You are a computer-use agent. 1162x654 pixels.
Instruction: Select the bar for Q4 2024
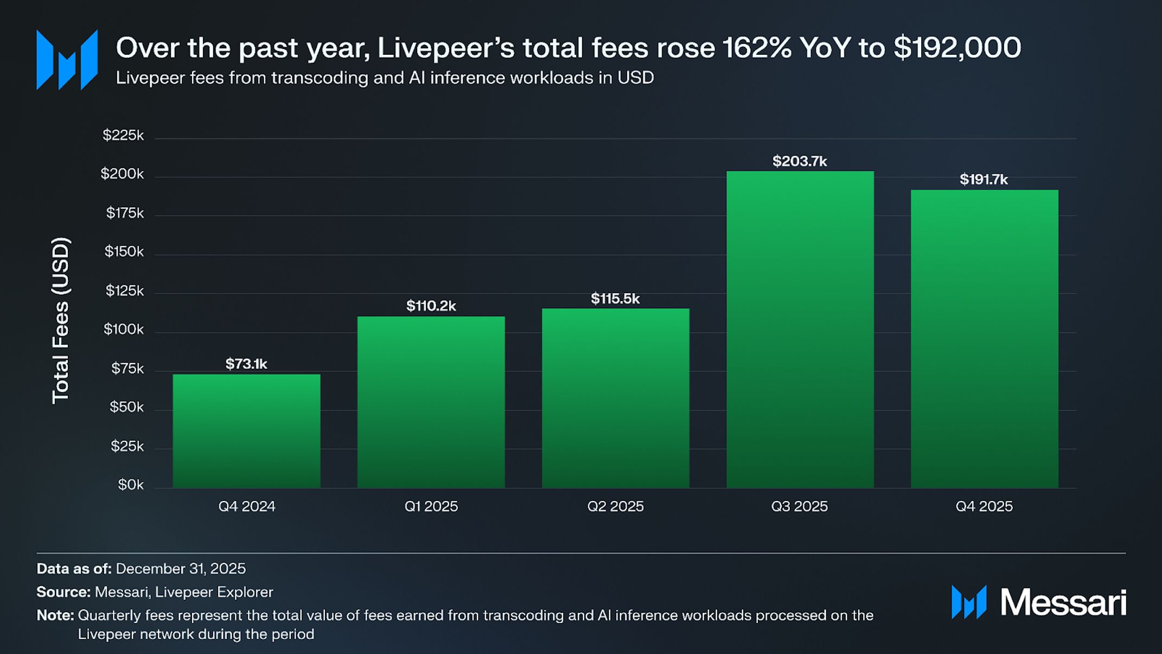(246, 431)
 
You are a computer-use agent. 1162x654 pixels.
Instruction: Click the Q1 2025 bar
(431, 402)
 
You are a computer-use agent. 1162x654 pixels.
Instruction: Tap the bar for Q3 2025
(800, 329)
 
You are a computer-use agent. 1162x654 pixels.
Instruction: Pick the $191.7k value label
(984, 180)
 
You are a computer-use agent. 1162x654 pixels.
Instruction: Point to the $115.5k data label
(615, 299)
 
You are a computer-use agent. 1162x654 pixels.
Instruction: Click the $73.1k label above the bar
(246, 364)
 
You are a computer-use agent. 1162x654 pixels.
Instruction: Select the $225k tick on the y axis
(123, 135)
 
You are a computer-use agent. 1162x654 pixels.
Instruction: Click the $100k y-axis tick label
(124, 329)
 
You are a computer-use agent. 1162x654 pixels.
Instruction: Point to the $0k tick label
(131, 485)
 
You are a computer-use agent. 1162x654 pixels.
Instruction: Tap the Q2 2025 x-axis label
(615, 506)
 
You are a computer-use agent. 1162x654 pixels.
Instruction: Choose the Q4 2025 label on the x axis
(984, 506)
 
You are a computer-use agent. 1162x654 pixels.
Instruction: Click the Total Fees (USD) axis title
(61, 320)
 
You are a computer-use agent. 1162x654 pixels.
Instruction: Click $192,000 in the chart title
(957, 48)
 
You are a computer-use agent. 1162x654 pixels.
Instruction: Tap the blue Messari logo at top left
(67, 60)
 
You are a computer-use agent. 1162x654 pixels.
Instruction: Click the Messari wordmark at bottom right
(1063, 602)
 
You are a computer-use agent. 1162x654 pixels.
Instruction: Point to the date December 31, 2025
(181, 569)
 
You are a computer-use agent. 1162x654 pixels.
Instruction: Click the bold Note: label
(55, 615)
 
